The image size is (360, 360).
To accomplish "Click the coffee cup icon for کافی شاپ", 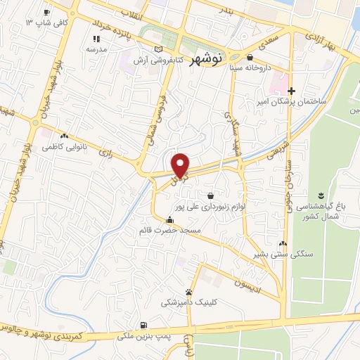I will (x=46, y=12).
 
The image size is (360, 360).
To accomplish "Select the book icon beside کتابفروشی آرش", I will (x=159, y=49).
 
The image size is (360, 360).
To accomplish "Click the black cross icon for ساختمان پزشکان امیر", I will (x=291, y=90).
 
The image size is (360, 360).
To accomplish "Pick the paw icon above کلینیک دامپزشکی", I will (x=189, y=292).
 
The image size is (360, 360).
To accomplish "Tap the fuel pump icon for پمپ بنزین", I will (x=143, y=325).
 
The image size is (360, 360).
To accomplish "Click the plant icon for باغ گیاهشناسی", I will (x=321, y=194).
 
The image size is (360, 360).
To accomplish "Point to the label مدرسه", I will (x=96, y=50).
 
